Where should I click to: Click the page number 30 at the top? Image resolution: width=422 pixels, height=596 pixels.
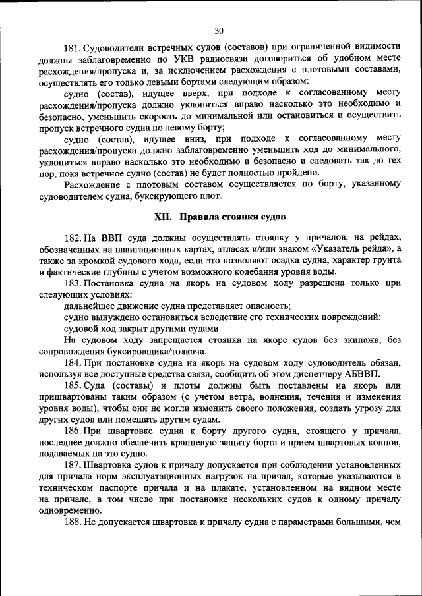point(220,30)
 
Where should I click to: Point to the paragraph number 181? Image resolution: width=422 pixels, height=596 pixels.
point(71,49)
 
